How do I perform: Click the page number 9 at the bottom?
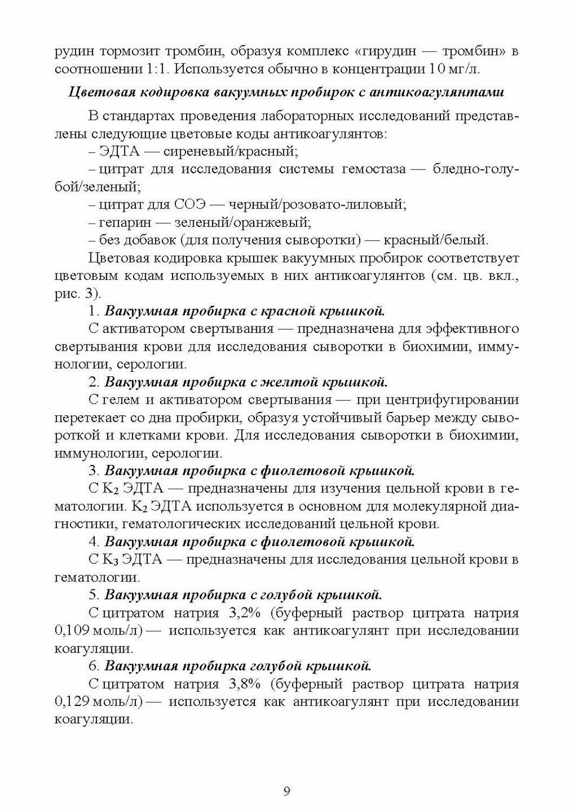(x=287, y=792)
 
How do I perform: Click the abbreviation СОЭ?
(x=190, y=205)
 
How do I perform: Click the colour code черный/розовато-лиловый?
(x=318, y=205)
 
